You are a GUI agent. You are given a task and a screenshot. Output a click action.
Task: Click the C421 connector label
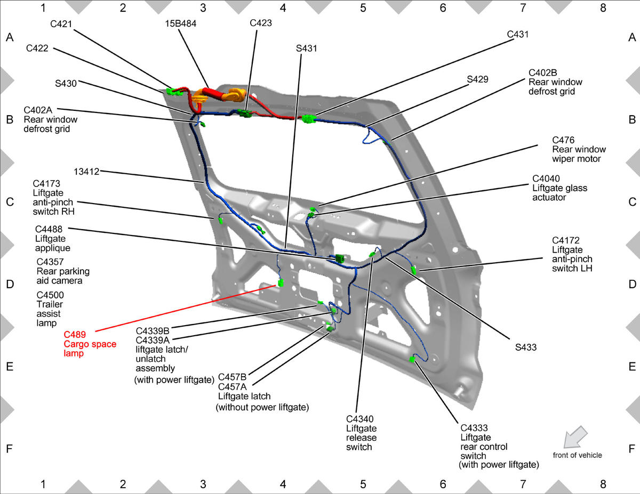(x=61, y=24)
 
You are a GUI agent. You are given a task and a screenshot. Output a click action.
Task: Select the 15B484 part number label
(x=181, y=23)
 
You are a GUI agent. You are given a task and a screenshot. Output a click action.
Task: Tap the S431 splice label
(x=306, y=48)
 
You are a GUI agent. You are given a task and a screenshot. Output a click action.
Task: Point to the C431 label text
(x=518, y=35)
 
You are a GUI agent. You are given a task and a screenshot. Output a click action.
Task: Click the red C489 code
(x=75, y=335)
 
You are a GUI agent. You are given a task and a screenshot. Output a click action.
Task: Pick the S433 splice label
(x=526, y=347)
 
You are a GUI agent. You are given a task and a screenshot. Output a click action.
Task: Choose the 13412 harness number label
(x=86, y=172)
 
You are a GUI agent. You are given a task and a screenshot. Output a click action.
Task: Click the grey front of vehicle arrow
(x=575, y=437)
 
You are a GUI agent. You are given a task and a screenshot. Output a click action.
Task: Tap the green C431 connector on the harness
(x=309, y=119)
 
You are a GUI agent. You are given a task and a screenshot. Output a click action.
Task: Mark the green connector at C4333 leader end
(x=412, y=359)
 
